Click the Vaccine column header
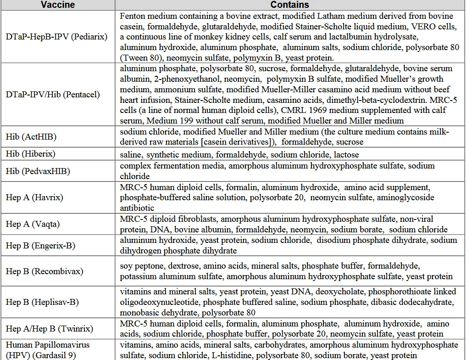pyautogui.click(x=57, y=5)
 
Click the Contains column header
pyautogui.click(x=289, y=5)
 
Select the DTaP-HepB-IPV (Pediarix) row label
pyautogui.click(x=56, y=36)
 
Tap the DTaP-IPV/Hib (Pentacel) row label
pyautogui.click(x=53, y=95)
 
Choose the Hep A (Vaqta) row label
pyautogui.click(x=33, y=224)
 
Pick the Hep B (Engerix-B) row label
pyautogui.click(x=40, y=246)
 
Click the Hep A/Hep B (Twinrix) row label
pyautogui.click(x=50, y=329)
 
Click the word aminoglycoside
pyautogui.click(x=403, y=198)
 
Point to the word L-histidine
pyautogui.click(x=231, y=355)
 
